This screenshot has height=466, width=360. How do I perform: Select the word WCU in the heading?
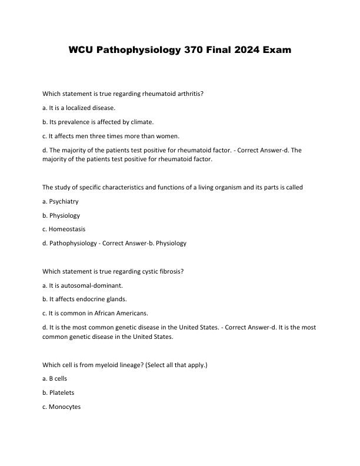pyautogui.click(x=81, y=50)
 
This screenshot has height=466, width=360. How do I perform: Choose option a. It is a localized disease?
pyautogui.click(x=79, y=108)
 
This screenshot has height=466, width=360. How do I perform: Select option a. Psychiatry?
pyautogui.click(x=61, y=201)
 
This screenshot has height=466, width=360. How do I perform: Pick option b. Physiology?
pyautogui.click(x=61, y=215)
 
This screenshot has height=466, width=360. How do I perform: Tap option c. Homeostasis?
pyautogui.click(x=64, y=229)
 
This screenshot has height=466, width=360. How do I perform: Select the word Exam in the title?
pyautogui.click(x=276, y=50)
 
